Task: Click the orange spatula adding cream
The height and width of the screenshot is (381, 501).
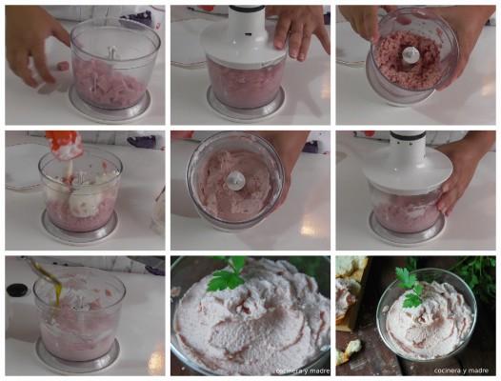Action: (x=64, y=145)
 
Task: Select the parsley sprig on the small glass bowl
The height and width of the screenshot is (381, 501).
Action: (x=410, y=287)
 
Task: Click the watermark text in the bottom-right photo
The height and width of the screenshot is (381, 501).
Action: (x=461, y=371)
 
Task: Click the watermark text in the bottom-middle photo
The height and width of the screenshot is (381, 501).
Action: (x=302, y=371)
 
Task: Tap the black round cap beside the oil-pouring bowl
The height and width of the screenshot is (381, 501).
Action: (x=18, y=291)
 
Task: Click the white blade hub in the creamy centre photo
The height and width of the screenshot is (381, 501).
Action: (x=236, y=180)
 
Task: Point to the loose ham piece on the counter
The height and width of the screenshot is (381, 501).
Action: (x=62, y=66)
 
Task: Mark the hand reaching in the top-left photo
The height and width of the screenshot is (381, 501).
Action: (x=33, y=43)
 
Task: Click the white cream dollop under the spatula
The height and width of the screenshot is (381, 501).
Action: (x=83, y=201)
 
